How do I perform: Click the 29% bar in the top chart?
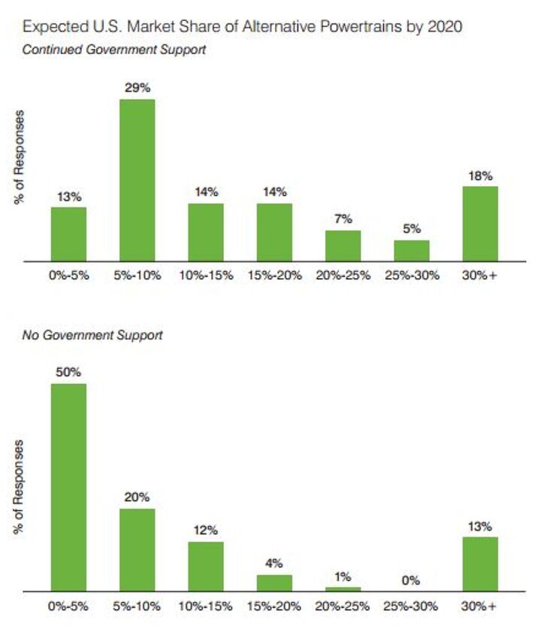click(138, 180)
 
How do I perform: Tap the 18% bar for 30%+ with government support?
click(480, 223)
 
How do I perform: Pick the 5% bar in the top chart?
click(412, 250)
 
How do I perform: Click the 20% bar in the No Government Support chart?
click(138, 549)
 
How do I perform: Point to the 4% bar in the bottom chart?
click(274, 583)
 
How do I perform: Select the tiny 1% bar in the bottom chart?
click(343, 589)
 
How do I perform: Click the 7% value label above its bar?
click(343, 219)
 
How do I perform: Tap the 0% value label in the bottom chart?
click(411, 580)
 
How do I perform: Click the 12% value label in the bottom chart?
click(206, 531)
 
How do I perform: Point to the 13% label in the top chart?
click(68, 196)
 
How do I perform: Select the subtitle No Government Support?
click(92, 335)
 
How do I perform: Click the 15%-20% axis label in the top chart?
click(274, 275)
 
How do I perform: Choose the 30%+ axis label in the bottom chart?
click(480, 606)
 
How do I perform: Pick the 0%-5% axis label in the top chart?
click(68, 275)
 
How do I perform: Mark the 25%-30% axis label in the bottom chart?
click(411, 606)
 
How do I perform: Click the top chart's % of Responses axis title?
click(20, 159)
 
